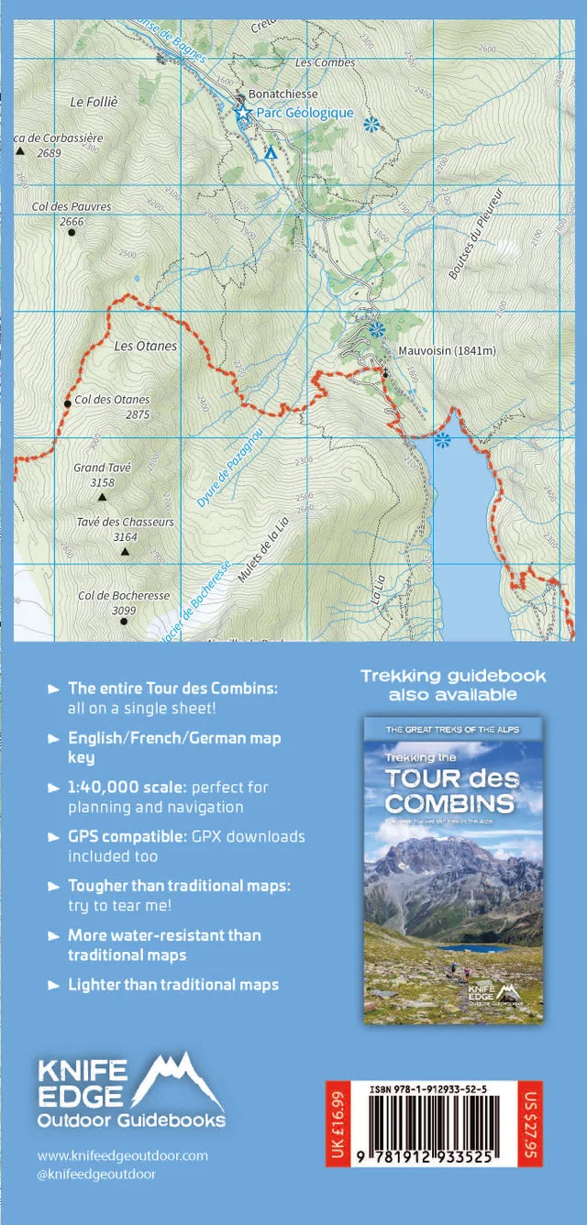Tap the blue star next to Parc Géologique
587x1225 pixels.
pos(243,112)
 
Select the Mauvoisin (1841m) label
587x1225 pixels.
pos(447,350)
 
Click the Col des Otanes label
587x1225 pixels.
pos(112,400)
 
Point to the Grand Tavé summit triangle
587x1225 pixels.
pos(103,498)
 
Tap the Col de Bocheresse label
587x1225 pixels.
pos(124,595)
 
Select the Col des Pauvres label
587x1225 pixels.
pos(72,206)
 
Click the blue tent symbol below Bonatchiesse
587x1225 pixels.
pos(270,154)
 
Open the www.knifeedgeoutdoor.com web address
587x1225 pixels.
pos(123,1156)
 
